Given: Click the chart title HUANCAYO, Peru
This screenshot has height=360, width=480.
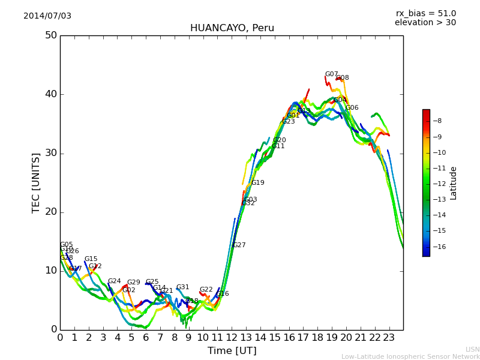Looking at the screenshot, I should [x=232, y=28].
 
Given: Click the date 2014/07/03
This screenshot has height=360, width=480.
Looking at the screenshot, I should [x=47, y=16].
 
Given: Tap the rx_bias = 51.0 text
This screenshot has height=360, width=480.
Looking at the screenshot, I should [x=425, y=13].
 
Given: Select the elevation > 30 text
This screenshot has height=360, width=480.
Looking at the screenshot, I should [x=425, y=23].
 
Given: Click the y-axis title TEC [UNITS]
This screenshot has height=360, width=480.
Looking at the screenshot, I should [x=36, y=182].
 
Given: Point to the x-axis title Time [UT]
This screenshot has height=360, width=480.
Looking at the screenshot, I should [x=232, y=350].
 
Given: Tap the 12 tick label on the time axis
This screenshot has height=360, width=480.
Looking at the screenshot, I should [x=232, y=338].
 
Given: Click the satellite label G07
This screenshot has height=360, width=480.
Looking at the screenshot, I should [x=331, y=74].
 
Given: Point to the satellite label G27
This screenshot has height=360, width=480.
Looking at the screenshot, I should [x=239, y=245].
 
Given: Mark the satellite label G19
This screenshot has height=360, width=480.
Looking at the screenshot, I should [x=257, y=183].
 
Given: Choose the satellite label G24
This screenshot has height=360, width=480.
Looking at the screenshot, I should [x=114, y=281].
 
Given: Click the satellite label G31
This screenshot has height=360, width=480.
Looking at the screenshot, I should [x=182, y=287].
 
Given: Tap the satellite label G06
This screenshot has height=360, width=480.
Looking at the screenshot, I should [x=352, y=108].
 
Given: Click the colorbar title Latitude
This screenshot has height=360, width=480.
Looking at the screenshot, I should [x=454, y=182].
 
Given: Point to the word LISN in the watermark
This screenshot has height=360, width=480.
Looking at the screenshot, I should [x=472, y=349].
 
